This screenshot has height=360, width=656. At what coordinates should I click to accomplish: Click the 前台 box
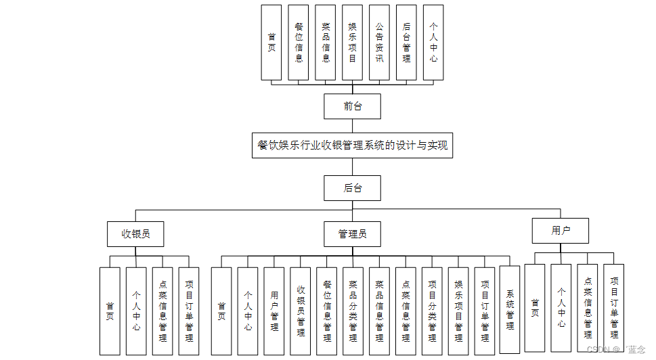[352, 106]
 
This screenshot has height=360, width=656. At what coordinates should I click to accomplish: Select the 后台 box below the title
[352, 188]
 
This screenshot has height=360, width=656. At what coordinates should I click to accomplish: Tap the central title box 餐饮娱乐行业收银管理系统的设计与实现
[352, 145]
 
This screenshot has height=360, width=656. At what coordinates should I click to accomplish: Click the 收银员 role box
[135, 234]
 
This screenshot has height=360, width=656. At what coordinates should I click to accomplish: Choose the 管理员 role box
[352, 234]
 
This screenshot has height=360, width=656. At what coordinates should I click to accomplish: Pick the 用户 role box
[561, 231]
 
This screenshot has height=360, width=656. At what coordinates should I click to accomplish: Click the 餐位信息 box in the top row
[299, 43]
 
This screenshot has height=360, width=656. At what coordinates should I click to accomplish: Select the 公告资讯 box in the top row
[379, 43]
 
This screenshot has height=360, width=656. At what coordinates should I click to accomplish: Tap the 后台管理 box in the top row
[406, 43]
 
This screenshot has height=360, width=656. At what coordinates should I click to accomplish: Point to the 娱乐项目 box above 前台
[352, 43]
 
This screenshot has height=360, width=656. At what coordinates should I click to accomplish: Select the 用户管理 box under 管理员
[274, 311]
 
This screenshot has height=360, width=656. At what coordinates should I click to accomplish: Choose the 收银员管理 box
[301, 311]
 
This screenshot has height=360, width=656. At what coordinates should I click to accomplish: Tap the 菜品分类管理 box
[353, 311]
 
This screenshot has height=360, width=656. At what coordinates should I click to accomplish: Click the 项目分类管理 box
[432, 311]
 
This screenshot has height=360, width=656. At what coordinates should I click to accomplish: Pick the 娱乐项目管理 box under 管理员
[458, 311]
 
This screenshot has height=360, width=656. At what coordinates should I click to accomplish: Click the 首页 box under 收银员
[110, 311]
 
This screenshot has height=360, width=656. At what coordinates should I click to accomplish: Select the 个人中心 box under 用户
[561, 308]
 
